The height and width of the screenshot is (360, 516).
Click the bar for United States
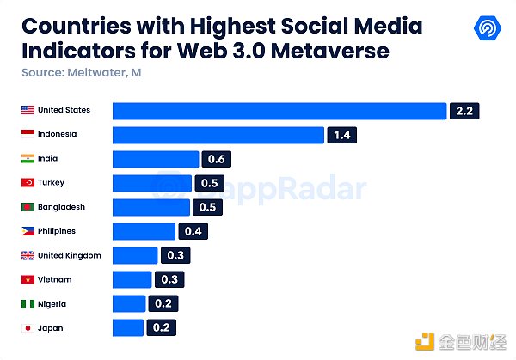[279, 111]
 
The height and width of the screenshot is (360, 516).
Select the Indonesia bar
[218, 135]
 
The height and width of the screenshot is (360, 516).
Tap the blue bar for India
[156, 159]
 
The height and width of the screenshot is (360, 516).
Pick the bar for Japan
[128, 327]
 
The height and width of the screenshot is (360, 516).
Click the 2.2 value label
[465, 111]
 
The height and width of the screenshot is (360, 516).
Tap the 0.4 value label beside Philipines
[193, 231]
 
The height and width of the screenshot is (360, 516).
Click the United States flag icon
[28, 110]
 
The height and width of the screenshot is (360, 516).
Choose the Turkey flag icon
[28, 183]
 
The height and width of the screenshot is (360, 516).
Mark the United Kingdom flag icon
[28, 255]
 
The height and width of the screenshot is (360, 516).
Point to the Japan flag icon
[28, 327]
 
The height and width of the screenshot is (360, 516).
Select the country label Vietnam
[55, 279]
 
